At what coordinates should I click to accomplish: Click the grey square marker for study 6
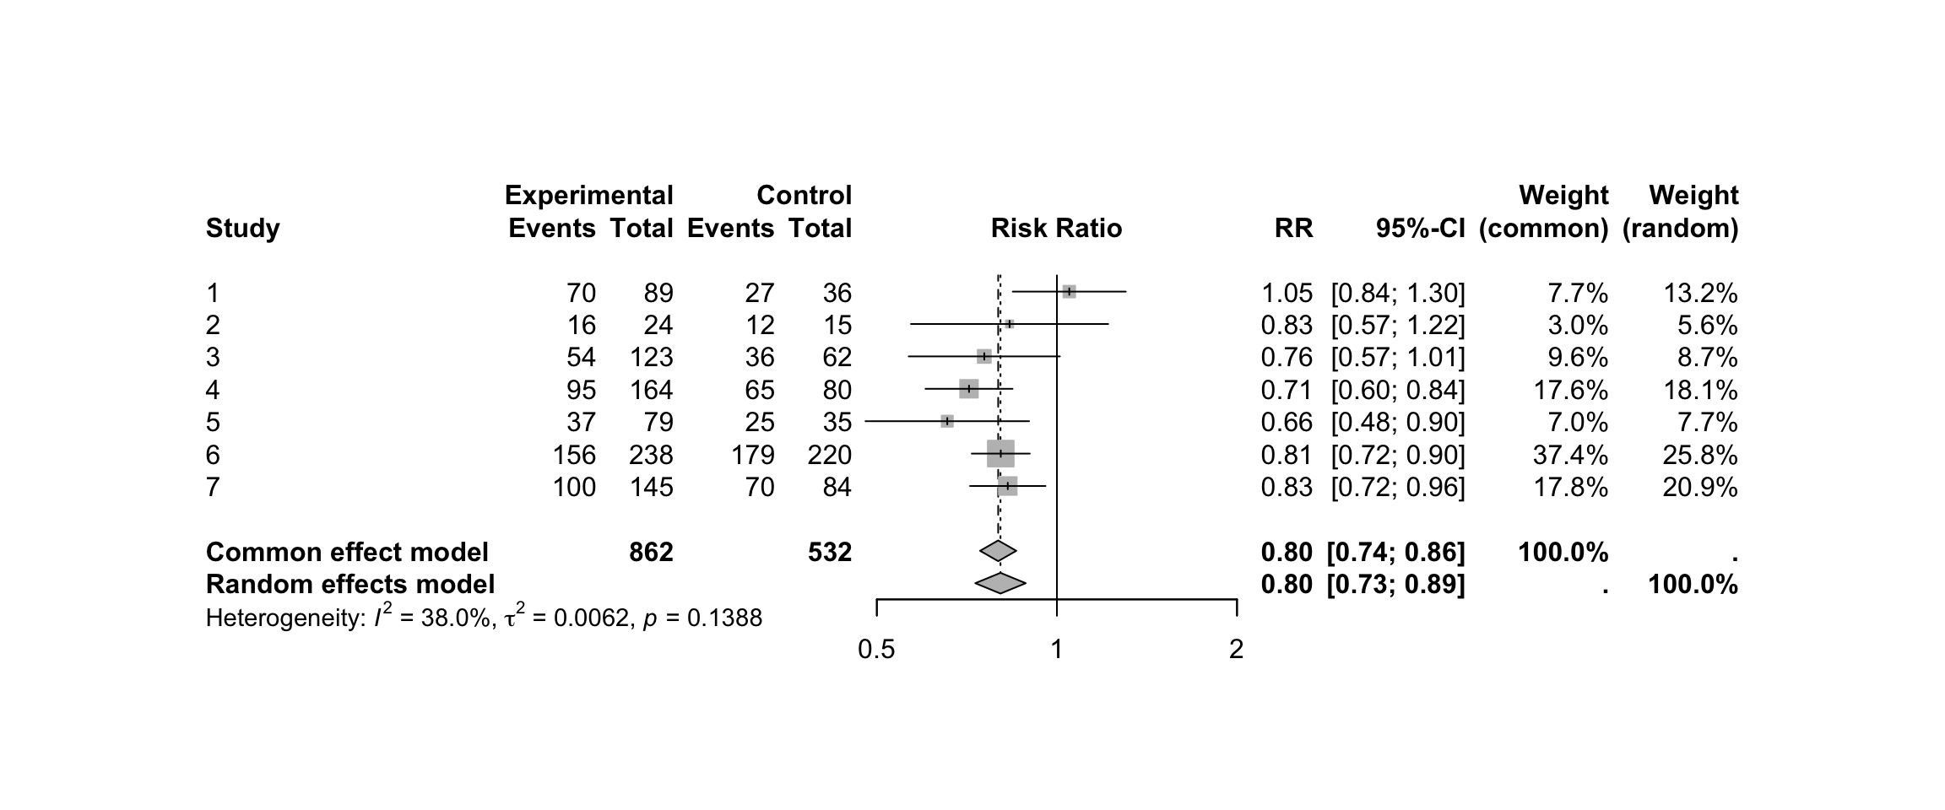coord(1000,454)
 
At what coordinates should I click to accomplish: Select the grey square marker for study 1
coord(1069,292)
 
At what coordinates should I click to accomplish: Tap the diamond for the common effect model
coord(999,551)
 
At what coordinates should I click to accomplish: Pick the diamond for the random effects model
coord(1000,583)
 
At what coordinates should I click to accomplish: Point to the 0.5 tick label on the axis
coord(876,650)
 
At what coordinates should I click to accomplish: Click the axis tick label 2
coord(1236,650)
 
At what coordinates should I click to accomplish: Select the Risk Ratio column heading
coord(1056,228)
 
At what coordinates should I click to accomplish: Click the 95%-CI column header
coord(1421,228)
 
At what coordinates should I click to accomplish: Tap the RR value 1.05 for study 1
coord(1287,294)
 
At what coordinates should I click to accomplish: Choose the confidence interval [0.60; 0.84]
coord(1398,390)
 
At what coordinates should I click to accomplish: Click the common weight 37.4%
coord(1570,456)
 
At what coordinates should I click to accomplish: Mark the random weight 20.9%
coord(1700,488)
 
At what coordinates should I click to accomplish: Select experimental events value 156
coord(574,456)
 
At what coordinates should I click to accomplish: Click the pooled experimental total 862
coord(651,552)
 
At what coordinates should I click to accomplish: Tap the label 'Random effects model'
coord(350,584)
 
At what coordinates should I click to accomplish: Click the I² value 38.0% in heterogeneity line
coord(456,619)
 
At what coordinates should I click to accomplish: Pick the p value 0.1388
coord(724,619)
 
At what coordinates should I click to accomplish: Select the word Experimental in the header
coord(588,196)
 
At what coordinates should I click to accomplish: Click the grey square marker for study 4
coord(968,389)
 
